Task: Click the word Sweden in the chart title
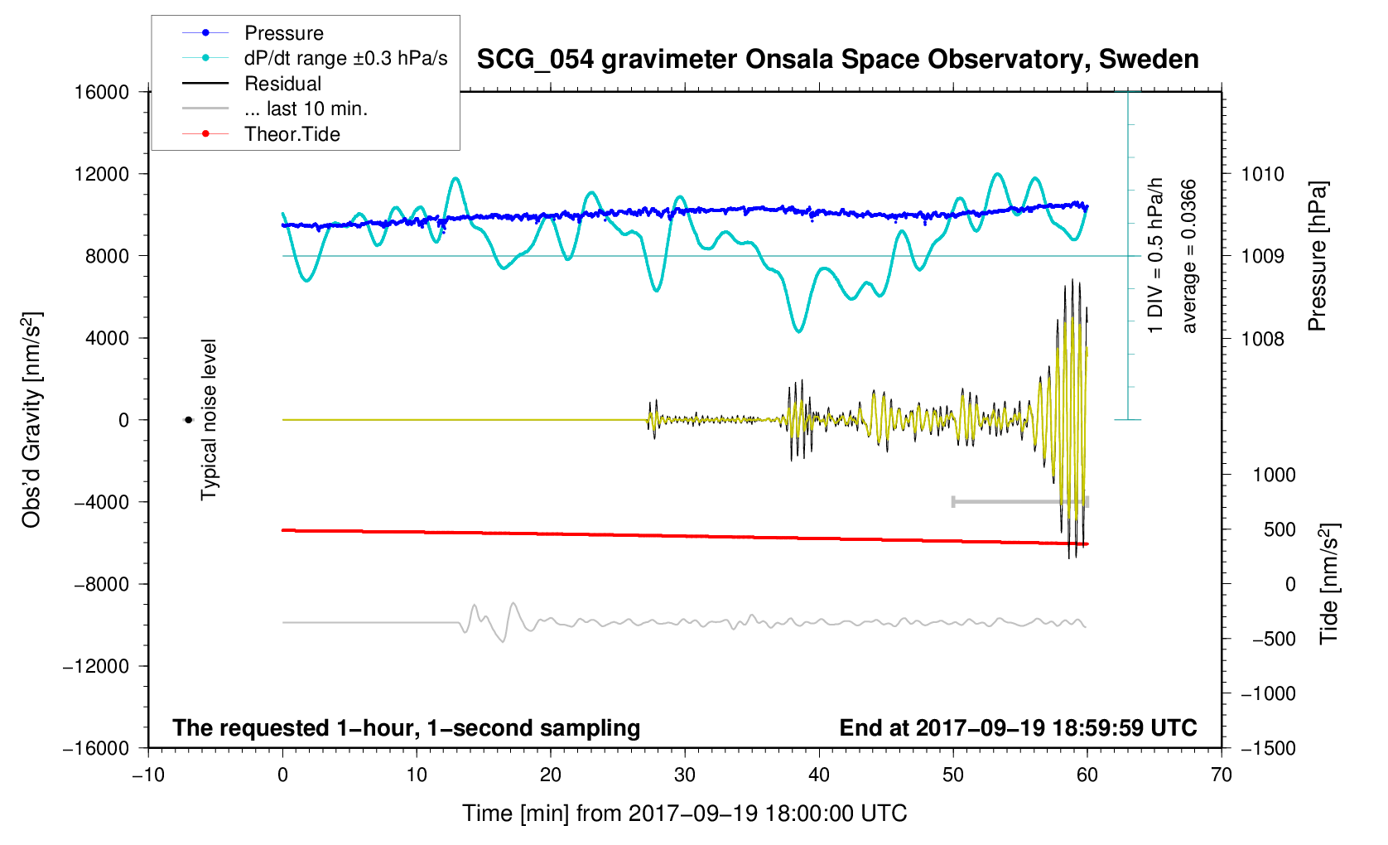(x=1148, y=59)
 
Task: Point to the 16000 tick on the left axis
(x=102, y=92)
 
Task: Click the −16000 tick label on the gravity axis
(x=96, y=748)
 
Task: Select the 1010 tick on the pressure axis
(x=1262, y=174)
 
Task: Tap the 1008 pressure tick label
(x=1262, y=339)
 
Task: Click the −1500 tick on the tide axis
(x=1268, y=748)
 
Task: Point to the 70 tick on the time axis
(x=1222, y=775)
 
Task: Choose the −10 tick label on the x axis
(x=149, y=775)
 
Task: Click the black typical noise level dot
(x=188, y=420)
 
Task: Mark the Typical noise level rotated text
(x=209, y=420)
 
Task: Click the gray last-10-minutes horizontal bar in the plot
(x=1020, y=501)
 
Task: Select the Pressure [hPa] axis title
(x=1317, y=256)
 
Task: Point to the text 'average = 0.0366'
(x=1188, y=256)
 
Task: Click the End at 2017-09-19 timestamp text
(x=1018, y=728)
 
